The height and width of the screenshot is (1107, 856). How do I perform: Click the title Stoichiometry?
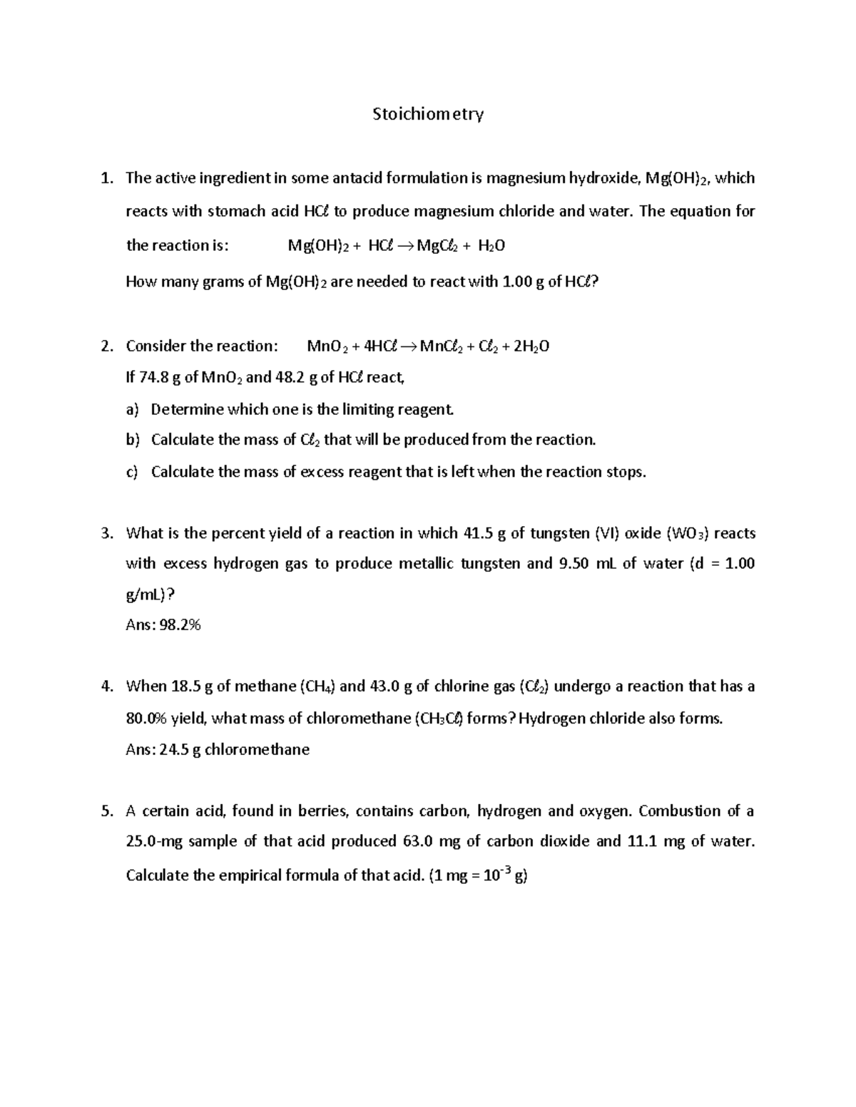(x=428, y=114)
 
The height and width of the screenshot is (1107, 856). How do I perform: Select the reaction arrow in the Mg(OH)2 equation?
(x=402, y=246)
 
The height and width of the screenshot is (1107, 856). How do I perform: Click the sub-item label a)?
(x=131, y=410)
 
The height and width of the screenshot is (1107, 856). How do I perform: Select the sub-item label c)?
(x=131, y=472)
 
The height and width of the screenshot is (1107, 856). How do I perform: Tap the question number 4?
(x=106, y=686)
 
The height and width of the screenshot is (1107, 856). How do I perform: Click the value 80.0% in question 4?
(x=146, y=718)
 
